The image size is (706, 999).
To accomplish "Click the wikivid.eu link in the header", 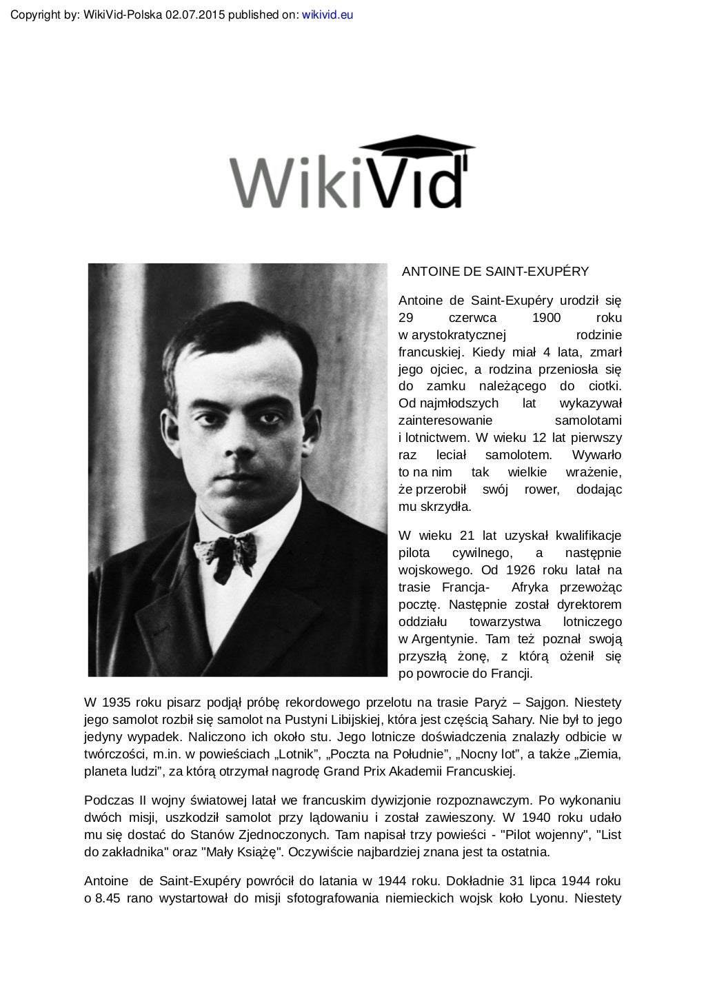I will pyautogui.click(x=327, y=14).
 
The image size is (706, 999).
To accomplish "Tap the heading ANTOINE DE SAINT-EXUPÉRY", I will pyautogui.click(x=495, y=272).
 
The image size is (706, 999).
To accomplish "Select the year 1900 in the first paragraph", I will pyautogui.click(x=547, y=318).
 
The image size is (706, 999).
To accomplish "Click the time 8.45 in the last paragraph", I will pyautogui.click(x=110, y=898).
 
